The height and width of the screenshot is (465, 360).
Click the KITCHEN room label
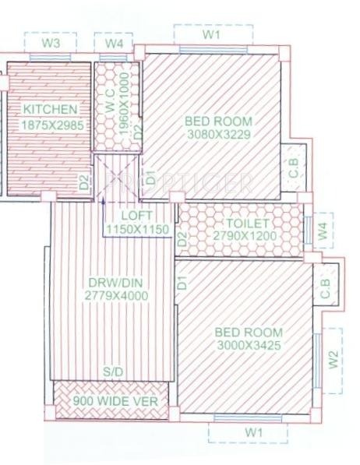pyautogui.click(x=50, y=110)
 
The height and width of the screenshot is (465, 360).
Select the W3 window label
pyautogui.click(x=51, y=43)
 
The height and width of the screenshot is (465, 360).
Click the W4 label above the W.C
pyautogui.click(x=115, y=44)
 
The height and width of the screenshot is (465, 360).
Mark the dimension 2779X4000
pyautogui.click(x=116, y=295)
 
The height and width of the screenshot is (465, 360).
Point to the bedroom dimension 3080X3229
pyautogui.click(x=218, y=135)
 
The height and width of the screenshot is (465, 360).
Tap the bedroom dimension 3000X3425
pyautogui.click(x=248, y=344)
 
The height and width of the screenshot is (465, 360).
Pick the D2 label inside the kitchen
pyautogui.click(x=83, y=182)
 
